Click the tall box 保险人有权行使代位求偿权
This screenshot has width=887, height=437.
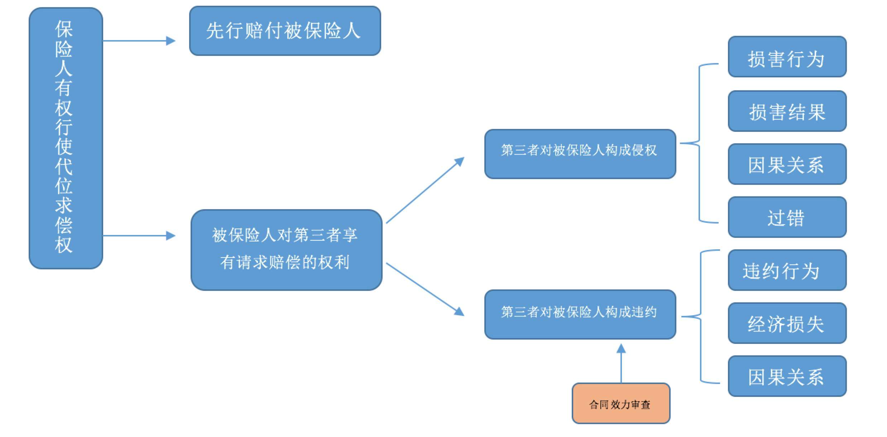click(x=66, y=138)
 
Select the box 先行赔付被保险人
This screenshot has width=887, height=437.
click(x=285, y=31)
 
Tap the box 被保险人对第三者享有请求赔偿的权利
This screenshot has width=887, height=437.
click(x=287, y=250)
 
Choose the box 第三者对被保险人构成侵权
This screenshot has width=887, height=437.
click(x=580, y=154)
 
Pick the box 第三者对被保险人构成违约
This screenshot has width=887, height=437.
click(x=580, y=314)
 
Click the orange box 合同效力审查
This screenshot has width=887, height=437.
click(x=621, y=403)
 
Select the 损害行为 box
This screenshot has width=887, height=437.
click(x=787, y=57)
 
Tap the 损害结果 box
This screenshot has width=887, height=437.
click(x=787, y=111)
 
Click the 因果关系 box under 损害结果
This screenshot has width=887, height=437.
click(x=787, y=164)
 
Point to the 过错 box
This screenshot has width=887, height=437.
click(x=787, y=217)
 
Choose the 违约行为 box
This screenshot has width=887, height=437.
click(x=787, y=270)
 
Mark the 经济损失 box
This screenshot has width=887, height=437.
click(x=787, y=323)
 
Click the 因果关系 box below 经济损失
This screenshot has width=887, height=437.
click(x=787, y=376)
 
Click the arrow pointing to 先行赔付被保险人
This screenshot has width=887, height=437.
click(x=139, y=41)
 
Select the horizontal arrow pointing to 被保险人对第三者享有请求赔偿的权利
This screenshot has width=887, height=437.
click(x=139, y=236)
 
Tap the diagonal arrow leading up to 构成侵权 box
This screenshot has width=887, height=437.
click(x=425, y=190)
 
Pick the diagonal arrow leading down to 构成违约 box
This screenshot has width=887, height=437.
click(x=425, y=289)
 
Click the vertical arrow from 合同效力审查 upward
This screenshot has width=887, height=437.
click(x=621, y=363)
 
